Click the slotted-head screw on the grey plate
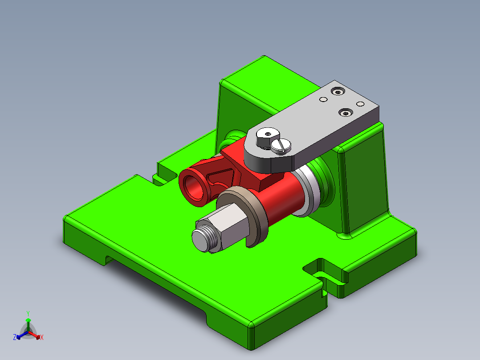(x=281, y=145)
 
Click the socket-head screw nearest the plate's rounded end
(x=345, y=113)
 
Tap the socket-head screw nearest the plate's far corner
(x=339, y=92)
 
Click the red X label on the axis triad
(x=42, y=338)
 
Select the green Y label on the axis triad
(x=28, y=313)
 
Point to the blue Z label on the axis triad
(x=15, y=337)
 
